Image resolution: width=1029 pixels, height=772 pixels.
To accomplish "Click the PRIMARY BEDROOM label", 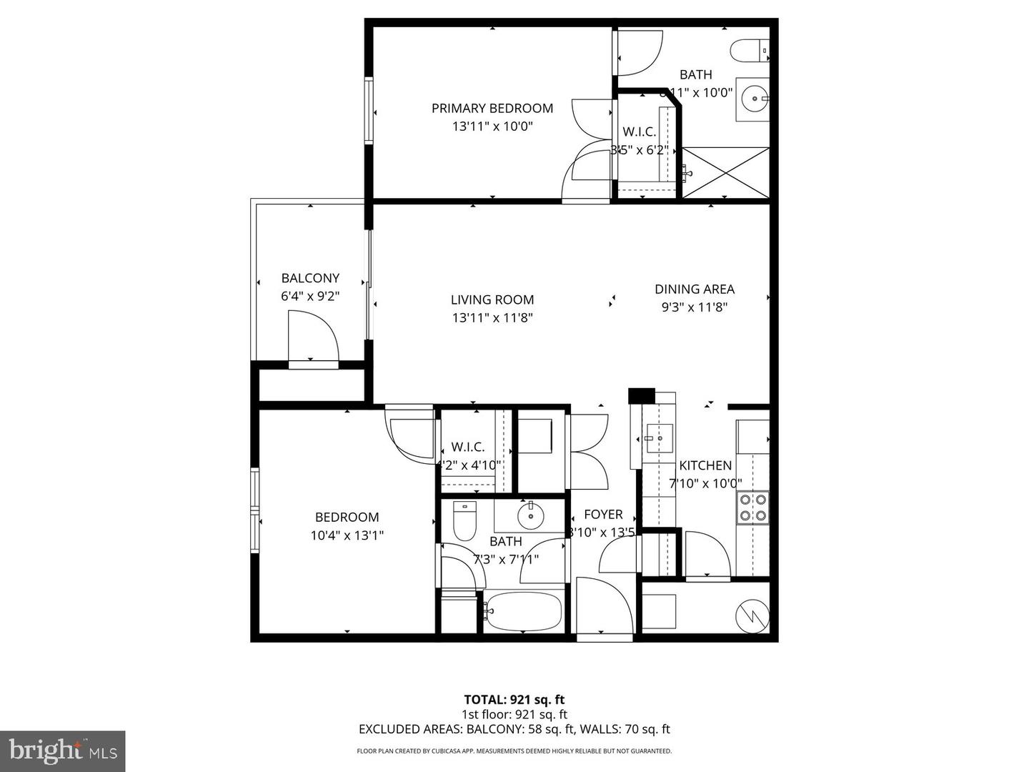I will pyautogui.click(x=492, y=109).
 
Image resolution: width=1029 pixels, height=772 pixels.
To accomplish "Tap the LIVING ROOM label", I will pyautogui.click(x=492, y=300).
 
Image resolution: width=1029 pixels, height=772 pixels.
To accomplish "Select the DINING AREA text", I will pyautogui.click(x=695, y=289).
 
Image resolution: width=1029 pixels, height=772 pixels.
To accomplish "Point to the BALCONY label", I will pyautogui.click(x=310, y=278).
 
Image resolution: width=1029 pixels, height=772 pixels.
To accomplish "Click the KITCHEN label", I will pyautogui.click(x=705, y=465).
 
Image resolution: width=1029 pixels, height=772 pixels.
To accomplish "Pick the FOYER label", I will pyautogui.click(x=603, y=515).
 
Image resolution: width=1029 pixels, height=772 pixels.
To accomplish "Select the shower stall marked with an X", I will pyautogui.click(x=726, y=172).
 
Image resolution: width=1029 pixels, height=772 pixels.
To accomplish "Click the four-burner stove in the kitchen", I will pyautogui.click(x=753, y=507).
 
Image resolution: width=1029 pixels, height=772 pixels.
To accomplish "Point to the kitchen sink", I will pyautogui.click(x=659, y=434).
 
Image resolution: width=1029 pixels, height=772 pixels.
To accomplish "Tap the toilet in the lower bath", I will pyautogui.click(x=464, y=523).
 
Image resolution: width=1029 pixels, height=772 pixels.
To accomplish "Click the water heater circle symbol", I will pyautogui.click(x=752, y=615).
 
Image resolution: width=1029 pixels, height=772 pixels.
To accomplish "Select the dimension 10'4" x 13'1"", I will pyautogui.click(x=347, y=535).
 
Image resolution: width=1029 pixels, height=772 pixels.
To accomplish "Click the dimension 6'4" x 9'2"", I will pyautogui.click(x=310, y=296).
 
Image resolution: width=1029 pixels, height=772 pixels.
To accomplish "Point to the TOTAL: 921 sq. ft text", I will pyautogui.click(x=514, y=700).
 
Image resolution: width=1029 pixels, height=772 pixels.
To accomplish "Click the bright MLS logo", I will pyautogui.click(x=63, y=751).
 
